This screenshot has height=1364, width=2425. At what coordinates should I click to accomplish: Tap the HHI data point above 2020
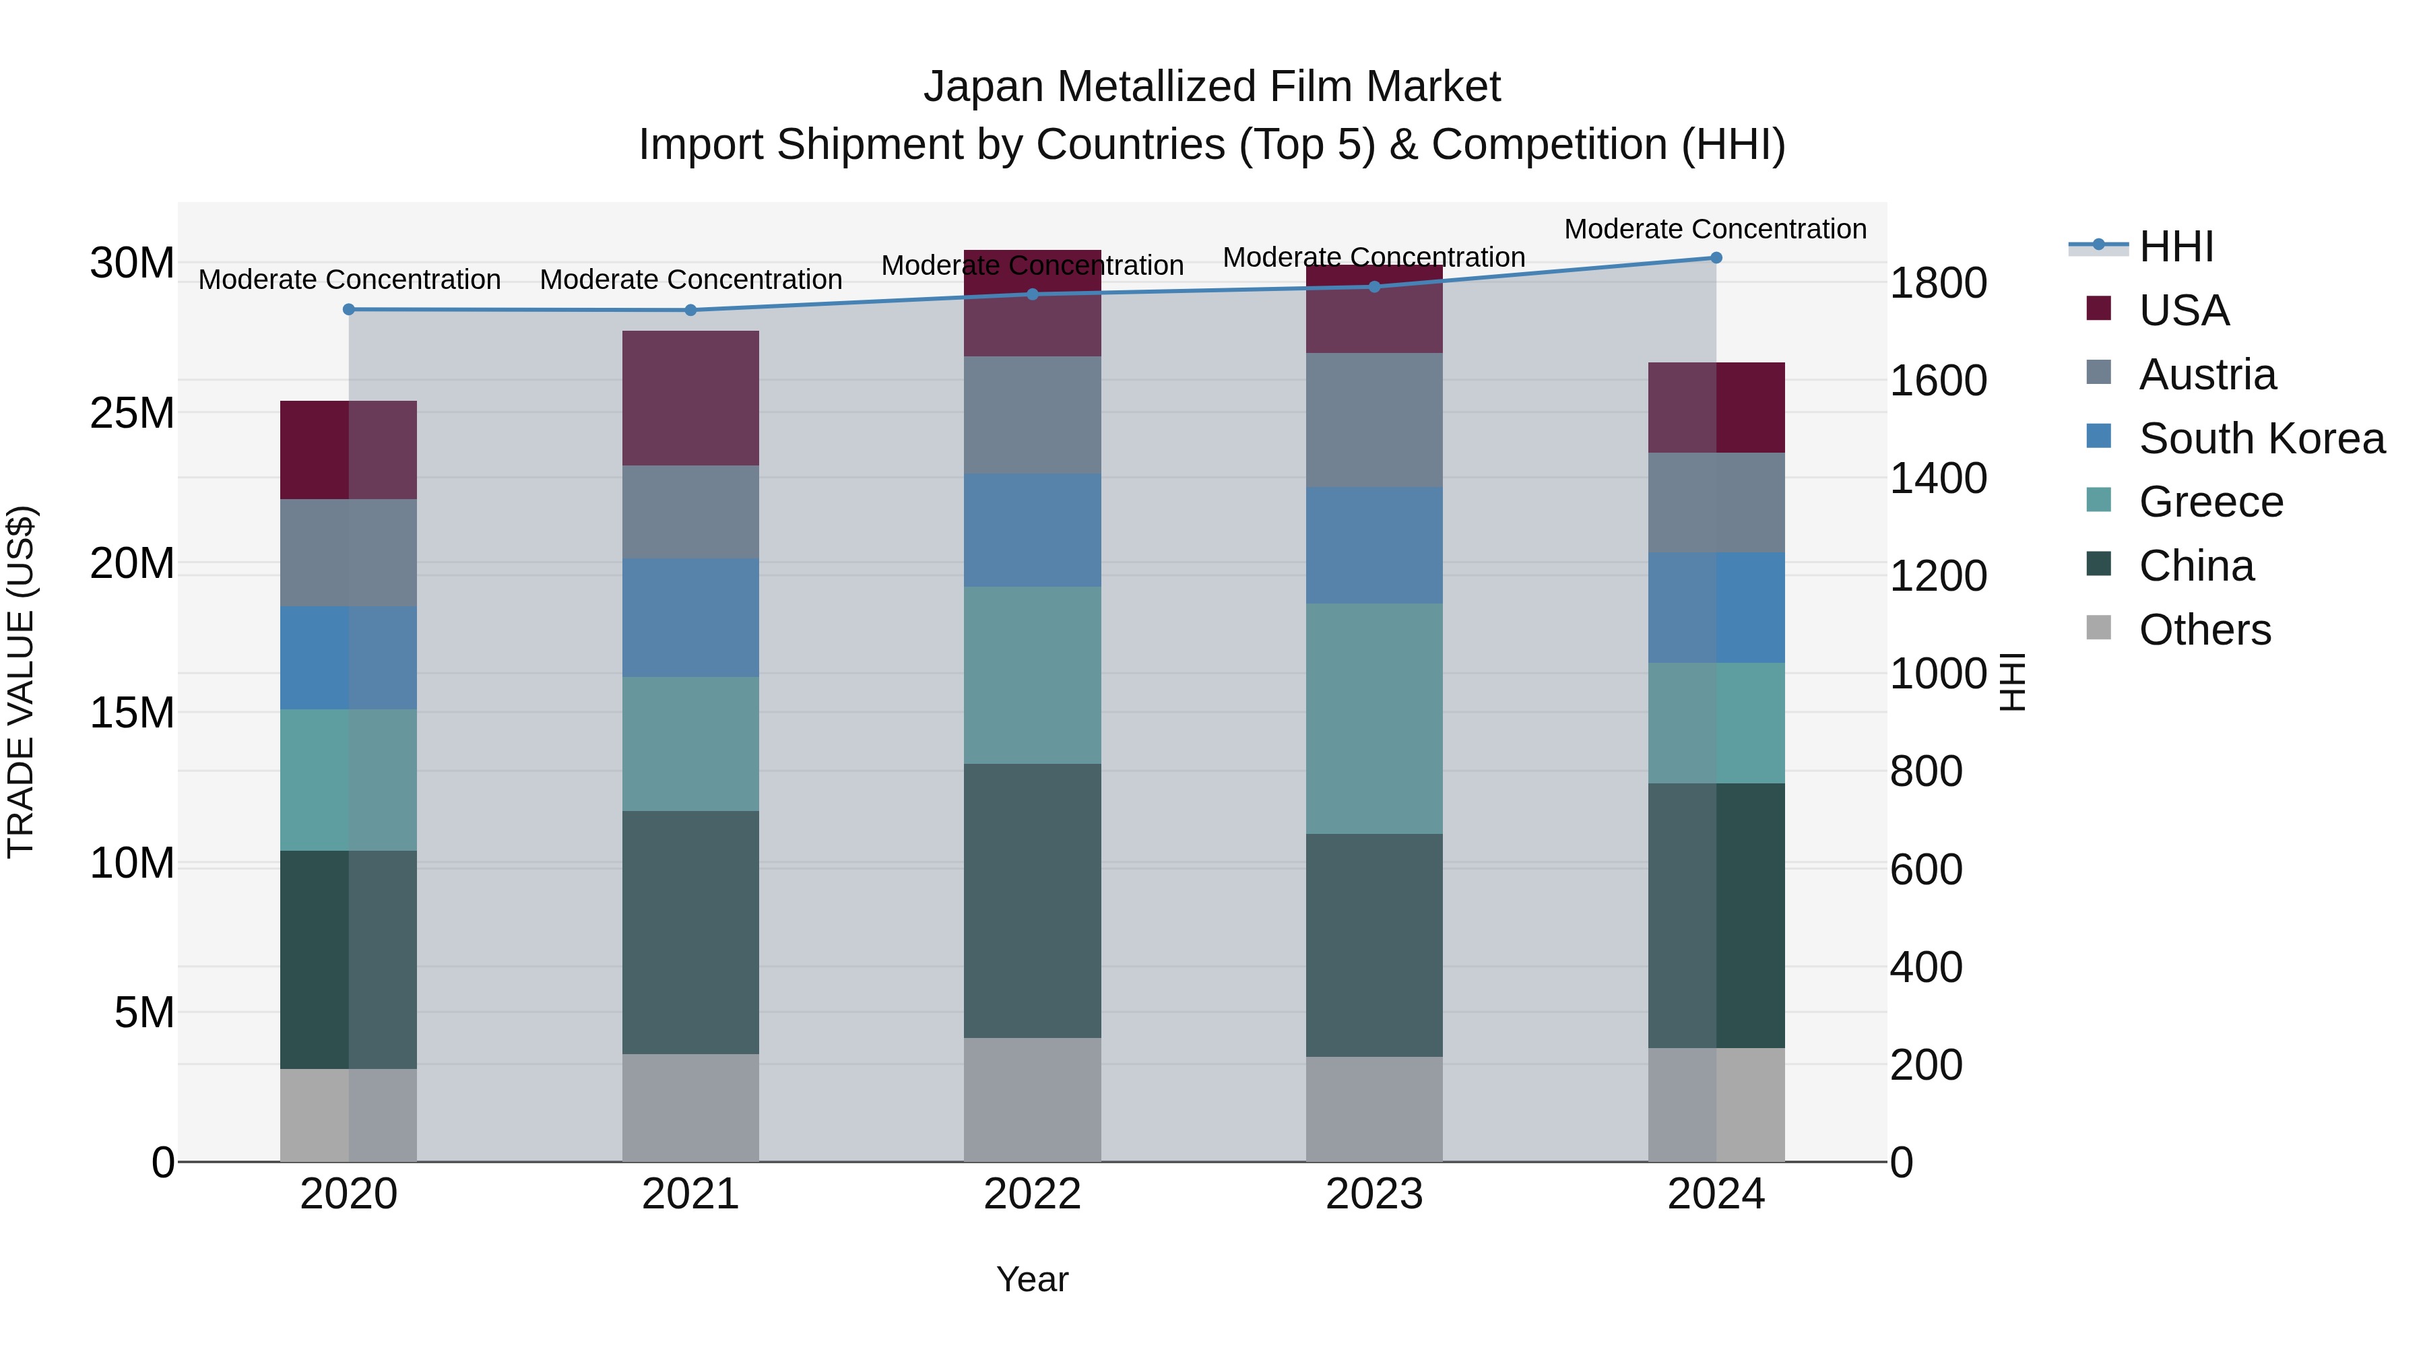coord(348,310)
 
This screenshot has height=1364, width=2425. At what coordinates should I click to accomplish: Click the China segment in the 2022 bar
coord(1032,901)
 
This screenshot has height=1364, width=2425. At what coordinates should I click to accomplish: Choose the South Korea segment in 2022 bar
coord(1032,530)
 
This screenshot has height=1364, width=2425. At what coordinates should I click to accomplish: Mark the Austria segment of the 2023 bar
coord(1373,420)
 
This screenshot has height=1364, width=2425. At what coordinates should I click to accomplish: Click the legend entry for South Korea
coord(2261,439)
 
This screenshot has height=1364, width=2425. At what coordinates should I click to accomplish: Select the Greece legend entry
coord(2210,502)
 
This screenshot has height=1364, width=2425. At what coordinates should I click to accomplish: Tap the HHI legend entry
coord(2176,247)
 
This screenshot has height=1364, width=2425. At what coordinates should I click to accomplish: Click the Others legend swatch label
coord(2204,630)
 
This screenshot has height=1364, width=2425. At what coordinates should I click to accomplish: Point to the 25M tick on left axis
coord(133,414)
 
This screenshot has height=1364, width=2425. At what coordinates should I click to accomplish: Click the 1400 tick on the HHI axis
coord(1938,478)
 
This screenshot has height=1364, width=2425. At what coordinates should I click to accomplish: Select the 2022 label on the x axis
coord(1032,1194)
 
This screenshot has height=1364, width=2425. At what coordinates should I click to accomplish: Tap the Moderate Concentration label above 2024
coord(1714,229)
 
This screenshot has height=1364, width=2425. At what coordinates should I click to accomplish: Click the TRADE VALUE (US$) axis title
coord(21,682)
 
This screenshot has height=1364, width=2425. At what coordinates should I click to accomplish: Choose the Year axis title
coord(1032,1279)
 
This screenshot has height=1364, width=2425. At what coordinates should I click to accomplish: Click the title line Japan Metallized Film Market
coord(1212,87)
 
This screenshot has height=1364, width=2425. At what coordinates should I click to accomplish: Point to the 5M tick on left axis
coord(144,1013)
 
